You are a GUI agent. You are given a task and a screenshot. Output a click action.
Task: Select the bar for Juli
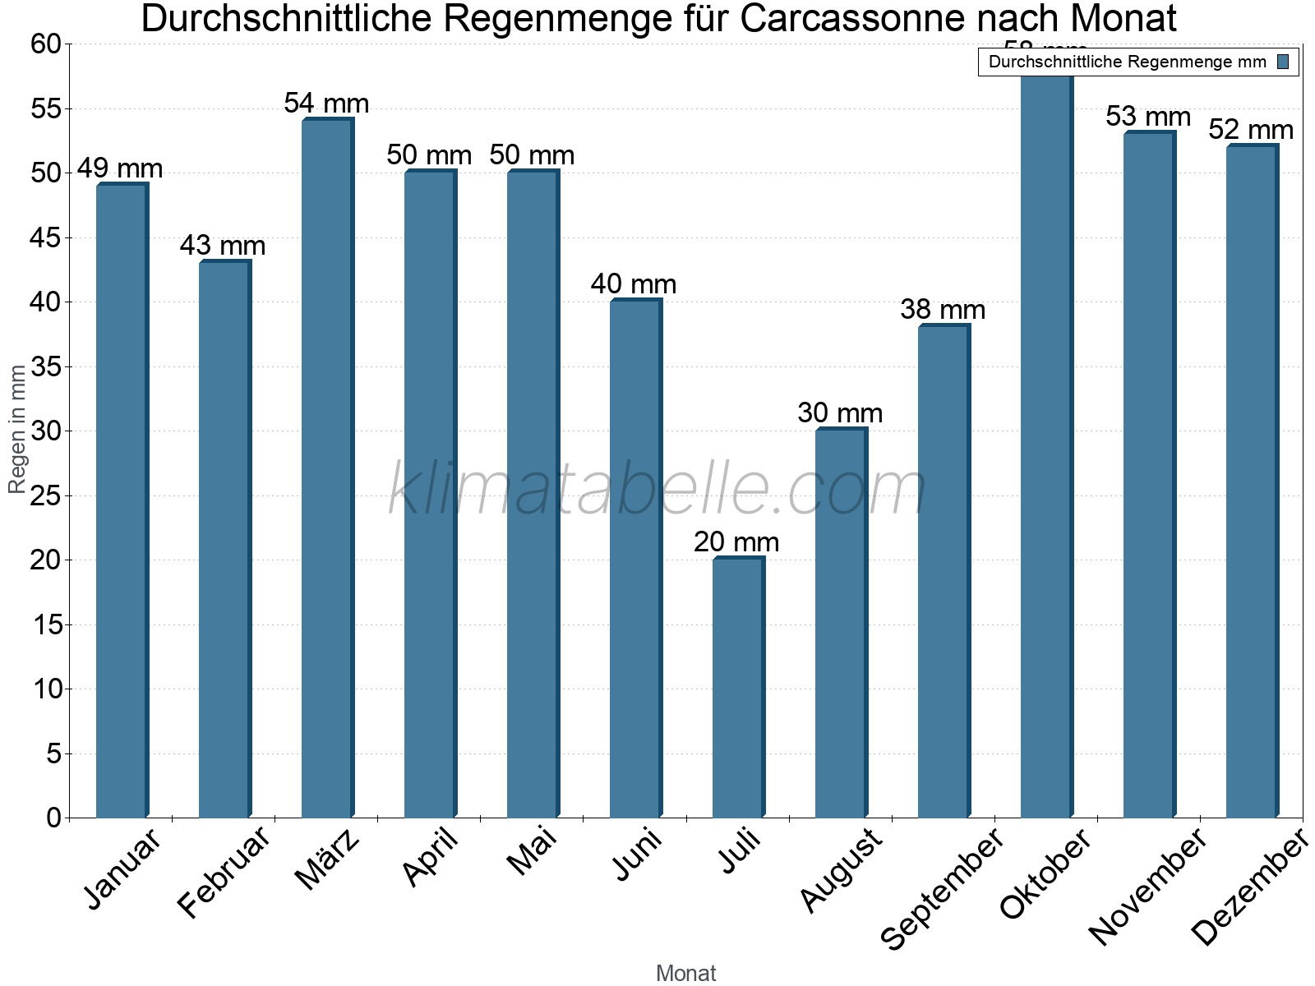tap(737, 688)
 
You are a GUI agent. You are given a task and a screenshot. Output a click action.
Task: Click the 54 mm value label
tap(326, 104)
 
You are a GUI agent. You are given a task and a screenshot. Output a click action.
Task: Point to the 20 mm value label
tap(736, 542)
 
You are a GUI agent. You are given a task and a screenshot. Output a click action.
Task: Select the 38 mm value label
tap(943, 310)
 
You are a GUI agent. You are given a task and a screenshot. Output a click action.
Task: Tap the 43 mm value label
tap(223, 246)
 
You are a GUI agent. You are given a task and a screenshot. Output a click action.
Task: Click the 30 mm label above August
tap(840, 413)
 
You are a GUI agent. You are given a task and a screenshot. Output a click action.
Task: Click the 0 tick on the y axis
tap(54, 818)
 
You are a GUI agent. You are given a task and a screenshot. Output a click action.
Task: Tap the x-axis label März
tap(327, 859)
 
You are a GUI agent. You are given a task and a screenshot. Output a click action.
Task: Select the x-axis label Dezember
tap(1249, 887)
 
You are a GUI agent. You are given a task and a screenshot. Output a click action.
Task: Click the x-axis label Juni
tap(637, 855)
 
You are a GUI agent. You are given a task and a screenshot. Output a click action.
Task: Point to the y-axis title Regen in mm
tap(17, 430)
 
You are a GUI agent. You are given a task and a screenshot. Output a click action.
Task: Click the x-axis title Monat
tap(686, 974)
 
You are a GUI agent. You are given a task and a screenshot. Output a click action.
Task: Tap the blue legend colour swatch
tap(1283, 62)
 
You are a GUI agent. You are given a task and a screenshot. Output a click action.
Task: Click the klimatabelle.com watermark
tap(657, 490)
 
